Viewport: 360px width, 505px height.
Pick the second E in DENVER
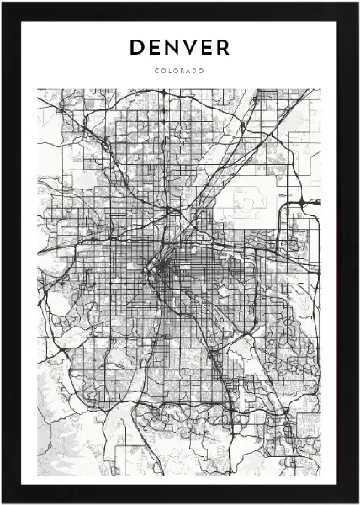(x=208, y=48)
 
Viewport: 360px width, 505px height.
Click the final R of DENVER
(x=224, y=48)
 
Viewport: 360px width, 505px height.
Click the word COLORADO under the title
(x=180, y=70)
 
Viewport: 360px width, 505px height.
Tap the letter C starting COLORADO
(x=157, y=70)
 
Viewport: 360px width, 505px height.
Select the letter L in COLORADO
(x=170, y=70)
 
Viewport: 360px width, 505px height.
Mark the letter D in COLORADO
(x=196, y=70)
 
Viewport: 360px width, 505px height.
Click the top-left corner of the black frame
(x=3, y=3)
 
